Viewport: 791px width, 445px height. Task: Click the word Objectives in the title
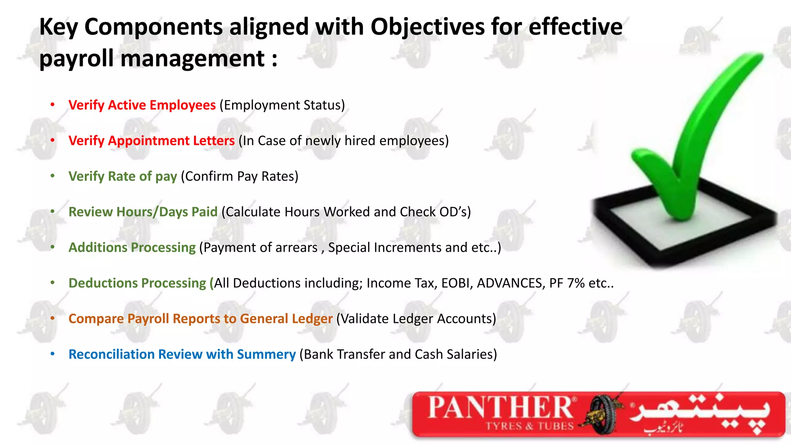pos(427,27)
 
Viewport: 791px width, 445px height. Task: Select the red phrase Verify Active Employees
pos(142,105)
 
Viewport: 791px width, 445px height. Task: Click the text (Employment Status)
pos(282,105)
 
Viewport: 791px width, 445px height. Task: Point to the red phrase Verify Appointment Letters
pos(151,141)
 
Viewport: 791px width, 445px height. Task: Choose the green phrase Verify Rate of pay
pos(122,176)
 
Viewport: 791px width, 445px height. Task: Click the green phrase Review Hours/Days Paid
pos(143,212)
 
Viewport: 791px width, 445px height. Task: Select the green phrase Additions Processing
pos(132,247)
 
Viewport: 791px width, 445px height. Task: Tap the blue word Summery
pos(266,354)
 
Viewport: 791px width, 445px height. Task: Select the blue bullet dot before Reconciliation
pos(53,354)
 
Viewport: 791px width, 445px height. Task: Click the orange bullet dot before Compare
pos(53,318)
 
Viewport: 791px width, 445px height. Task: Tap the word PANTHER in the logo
pos(501,408)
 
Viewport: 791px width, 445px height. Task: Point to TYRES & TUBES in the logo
pos(530,426)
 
